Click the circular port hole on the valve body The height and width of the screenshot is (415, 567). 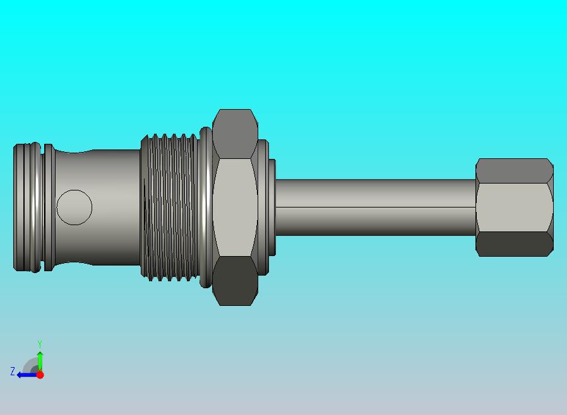75,208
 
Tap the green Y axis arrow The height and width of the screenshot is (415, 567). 40,361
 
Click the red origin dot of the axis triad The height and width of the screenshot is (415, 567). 40,375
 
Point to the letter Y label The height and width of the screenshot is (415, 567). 40,343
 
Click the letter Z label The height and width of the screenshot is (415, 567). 13,371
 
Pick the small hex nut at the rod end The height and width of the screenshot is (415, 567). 515,208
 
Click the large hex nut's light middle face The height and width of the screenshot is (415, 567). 235,208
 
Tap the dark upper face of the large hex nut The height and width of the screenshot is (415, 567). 235,134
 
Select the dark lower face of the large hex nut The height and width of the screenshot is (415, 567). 235,281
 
